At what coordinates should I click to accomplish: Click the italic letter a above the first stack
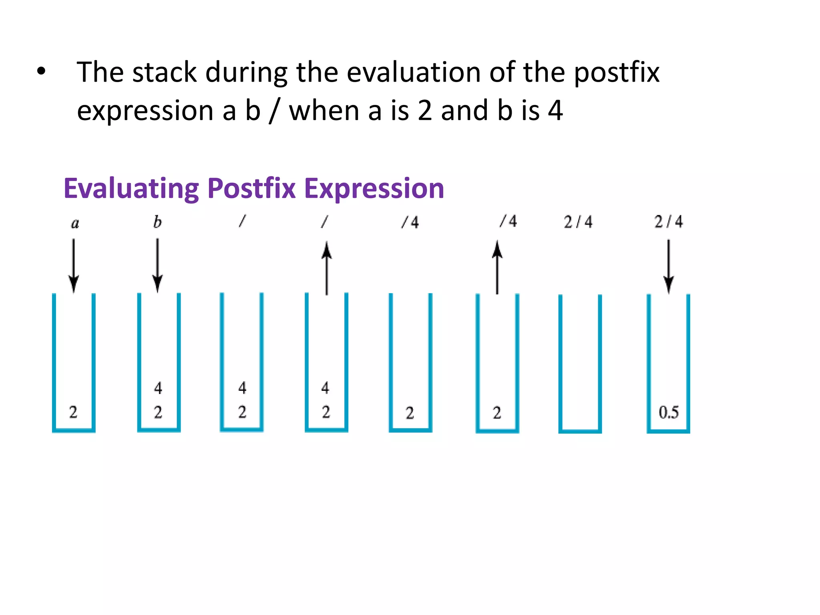(75, 223)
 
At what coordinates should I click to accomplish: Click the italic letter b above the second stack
(157, 222)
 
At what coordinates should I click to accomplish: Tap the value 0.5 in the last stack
(669, 412)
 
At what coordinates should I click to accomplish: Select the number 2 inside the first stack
(73, 412)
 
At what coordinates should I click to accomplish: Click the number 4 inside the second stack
(158, 388)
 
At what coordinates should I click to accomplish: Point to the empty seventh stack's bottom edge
(580, 431)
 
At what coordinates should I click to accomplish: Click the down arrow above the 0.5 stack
(668, 266)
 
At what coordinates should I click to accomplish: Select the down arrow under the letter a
(74, 265)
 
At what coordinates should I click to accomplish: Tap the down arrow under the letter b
(157, 265)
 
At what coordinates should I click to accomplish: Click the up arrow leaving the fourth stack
(327, 268)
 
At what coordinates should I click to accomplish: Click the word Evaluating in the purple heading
(131, 188)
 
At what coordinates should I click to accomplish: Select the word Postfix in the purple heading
(251, 188)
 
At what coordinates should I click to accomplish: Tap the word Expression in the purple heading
(374, 188)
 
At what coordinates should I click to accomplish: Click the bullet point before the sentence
(41, 72)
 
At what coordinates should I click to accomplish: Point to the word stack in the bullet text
(165, 72)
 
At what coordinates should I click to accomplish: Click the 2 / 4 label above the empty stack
(578, 222)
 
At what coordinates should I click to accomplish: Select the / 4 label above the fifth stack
(410, 222)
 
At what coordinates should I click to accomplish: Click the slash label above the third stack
(242, 221)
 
